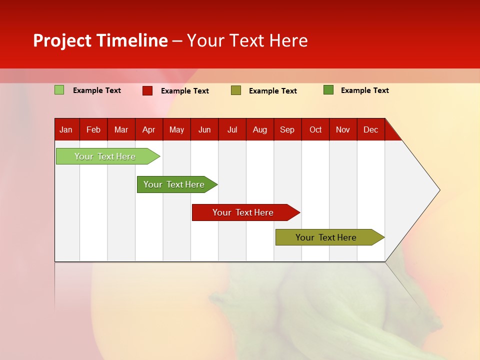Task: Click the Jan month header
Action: pyautogui.click(x=66, y=129)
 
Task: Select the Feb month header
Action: pyautogui.click(x=93, y=129)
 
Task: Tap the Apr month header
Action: pyautogui.click(x=148, y=129)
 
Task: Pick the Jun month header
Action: pyautogui.click(x=204, y=129)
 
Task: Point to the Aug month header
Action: pyautogui.click(x=260, y=129)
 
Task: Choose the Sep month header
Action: pyautogui.click(x=287, y=129)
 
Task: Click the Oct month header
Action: pyautogui.click(x=315, y=129)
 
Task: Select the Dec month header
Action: pyautogui.click(x=370, y=129)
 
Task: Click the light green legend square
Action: pyautogui.click(x=59, y=90)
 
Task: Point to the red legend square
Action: pyautogui.click(x=147, y=90)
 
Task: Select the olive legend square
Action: pyautogui.click(x=236, y=90)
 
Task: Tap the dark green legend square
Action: pyautogui.click(x=328, y=90)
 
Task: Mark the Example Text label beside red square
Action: pyautogui.click(x=184, y=91)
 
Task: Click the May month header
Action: pyautogui.click(x=176, y=129)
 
